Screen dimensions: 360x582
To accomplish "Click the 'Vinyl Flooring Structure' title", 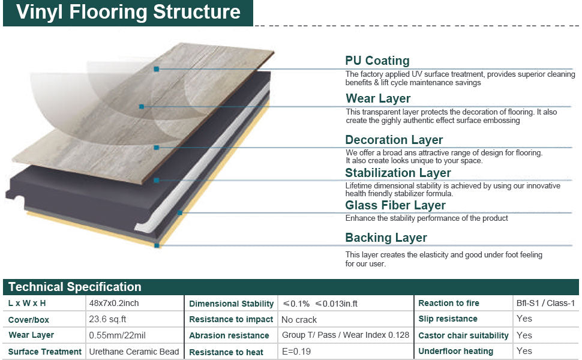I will coord(128,13).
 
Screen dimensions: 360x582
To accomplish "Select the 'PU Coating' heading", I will coord(377,61).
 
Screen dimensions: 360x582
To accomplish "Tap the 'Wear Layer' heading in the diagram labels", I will coord(378,98).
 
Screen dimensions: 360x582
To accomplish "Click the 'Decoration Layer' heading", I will coord(394,140).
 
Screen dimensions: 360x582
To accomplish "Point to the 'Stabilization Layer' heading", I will coord(398,173).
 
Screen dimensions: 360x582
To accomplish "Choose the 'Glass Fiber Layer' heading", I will coord(395,205).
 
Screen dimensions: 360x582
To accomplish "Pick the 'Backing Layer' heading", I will coord(386,238).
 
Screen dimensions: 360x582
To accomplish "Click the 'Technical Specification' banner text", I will coord(75,287).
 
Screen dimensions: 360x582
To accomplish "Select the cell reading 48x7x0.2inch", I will coord(114,304).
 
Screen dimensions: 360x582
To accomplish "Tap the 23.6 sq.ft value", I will coord(107,319).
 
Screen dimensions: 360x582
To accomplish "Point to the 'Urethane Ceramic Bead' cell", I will coord(134,352).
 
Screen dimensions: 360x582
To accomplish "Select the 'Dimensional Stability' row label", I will coord(231,304).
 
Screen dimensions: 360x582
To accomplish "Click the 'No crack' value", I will coord(299,320).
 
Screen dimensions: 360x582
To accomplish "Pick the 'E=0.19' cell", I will coord(296,352).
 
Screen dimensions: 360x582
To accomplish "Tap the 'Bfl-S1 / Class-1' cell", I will coord(545,304).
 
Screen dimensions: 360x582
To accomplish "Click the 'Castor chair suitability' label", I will coord(463,335).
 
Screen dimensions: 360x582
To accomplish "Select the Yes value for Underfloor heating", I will coord(524,352).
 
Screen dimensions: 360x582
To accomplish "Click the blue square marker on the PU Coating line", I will coord(157,70).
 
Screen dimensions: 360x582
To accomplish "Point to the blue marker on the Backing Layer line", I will coord(157,245).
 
